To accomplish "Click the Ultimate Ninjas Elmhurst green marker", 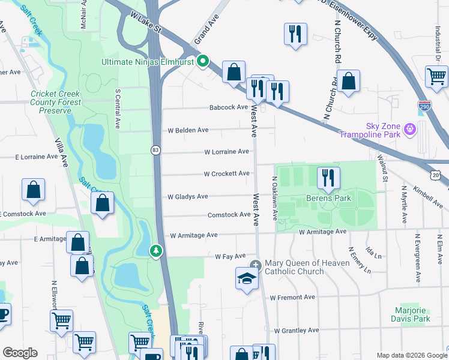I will [x=203, y=61].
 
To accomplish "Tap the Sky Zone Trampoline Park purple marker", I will [x=410, y=128].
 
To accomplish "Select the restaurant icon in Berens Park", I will [x=328, y=177].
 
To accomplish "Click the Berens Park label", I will [x=328, y=197].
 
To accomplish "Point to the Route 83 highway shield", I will [x=156, y=151].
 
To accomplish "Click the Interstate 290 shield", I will [x=424, y=105].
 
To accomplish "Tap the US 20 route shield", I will [x=436, y=174].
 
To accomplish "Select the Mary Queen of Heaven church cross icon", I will [x=256, y=265].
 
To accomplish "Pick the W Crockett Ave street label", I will [x=226, y=174].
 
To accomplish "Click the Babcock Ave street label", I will [x=228, y=107].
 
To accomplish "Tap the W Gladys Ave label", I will [x=187, y=196].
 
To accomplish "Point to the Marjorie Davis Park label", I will [x=412, y=315].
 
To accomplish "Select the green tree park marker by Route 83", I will [x=156, y=250].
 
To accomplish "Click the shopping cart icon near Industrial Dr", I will [x=436, y=76].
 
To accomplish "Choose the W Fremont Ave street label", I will [x=292, y=297].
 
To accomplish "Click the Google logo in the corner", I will [x=20, y=353].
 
